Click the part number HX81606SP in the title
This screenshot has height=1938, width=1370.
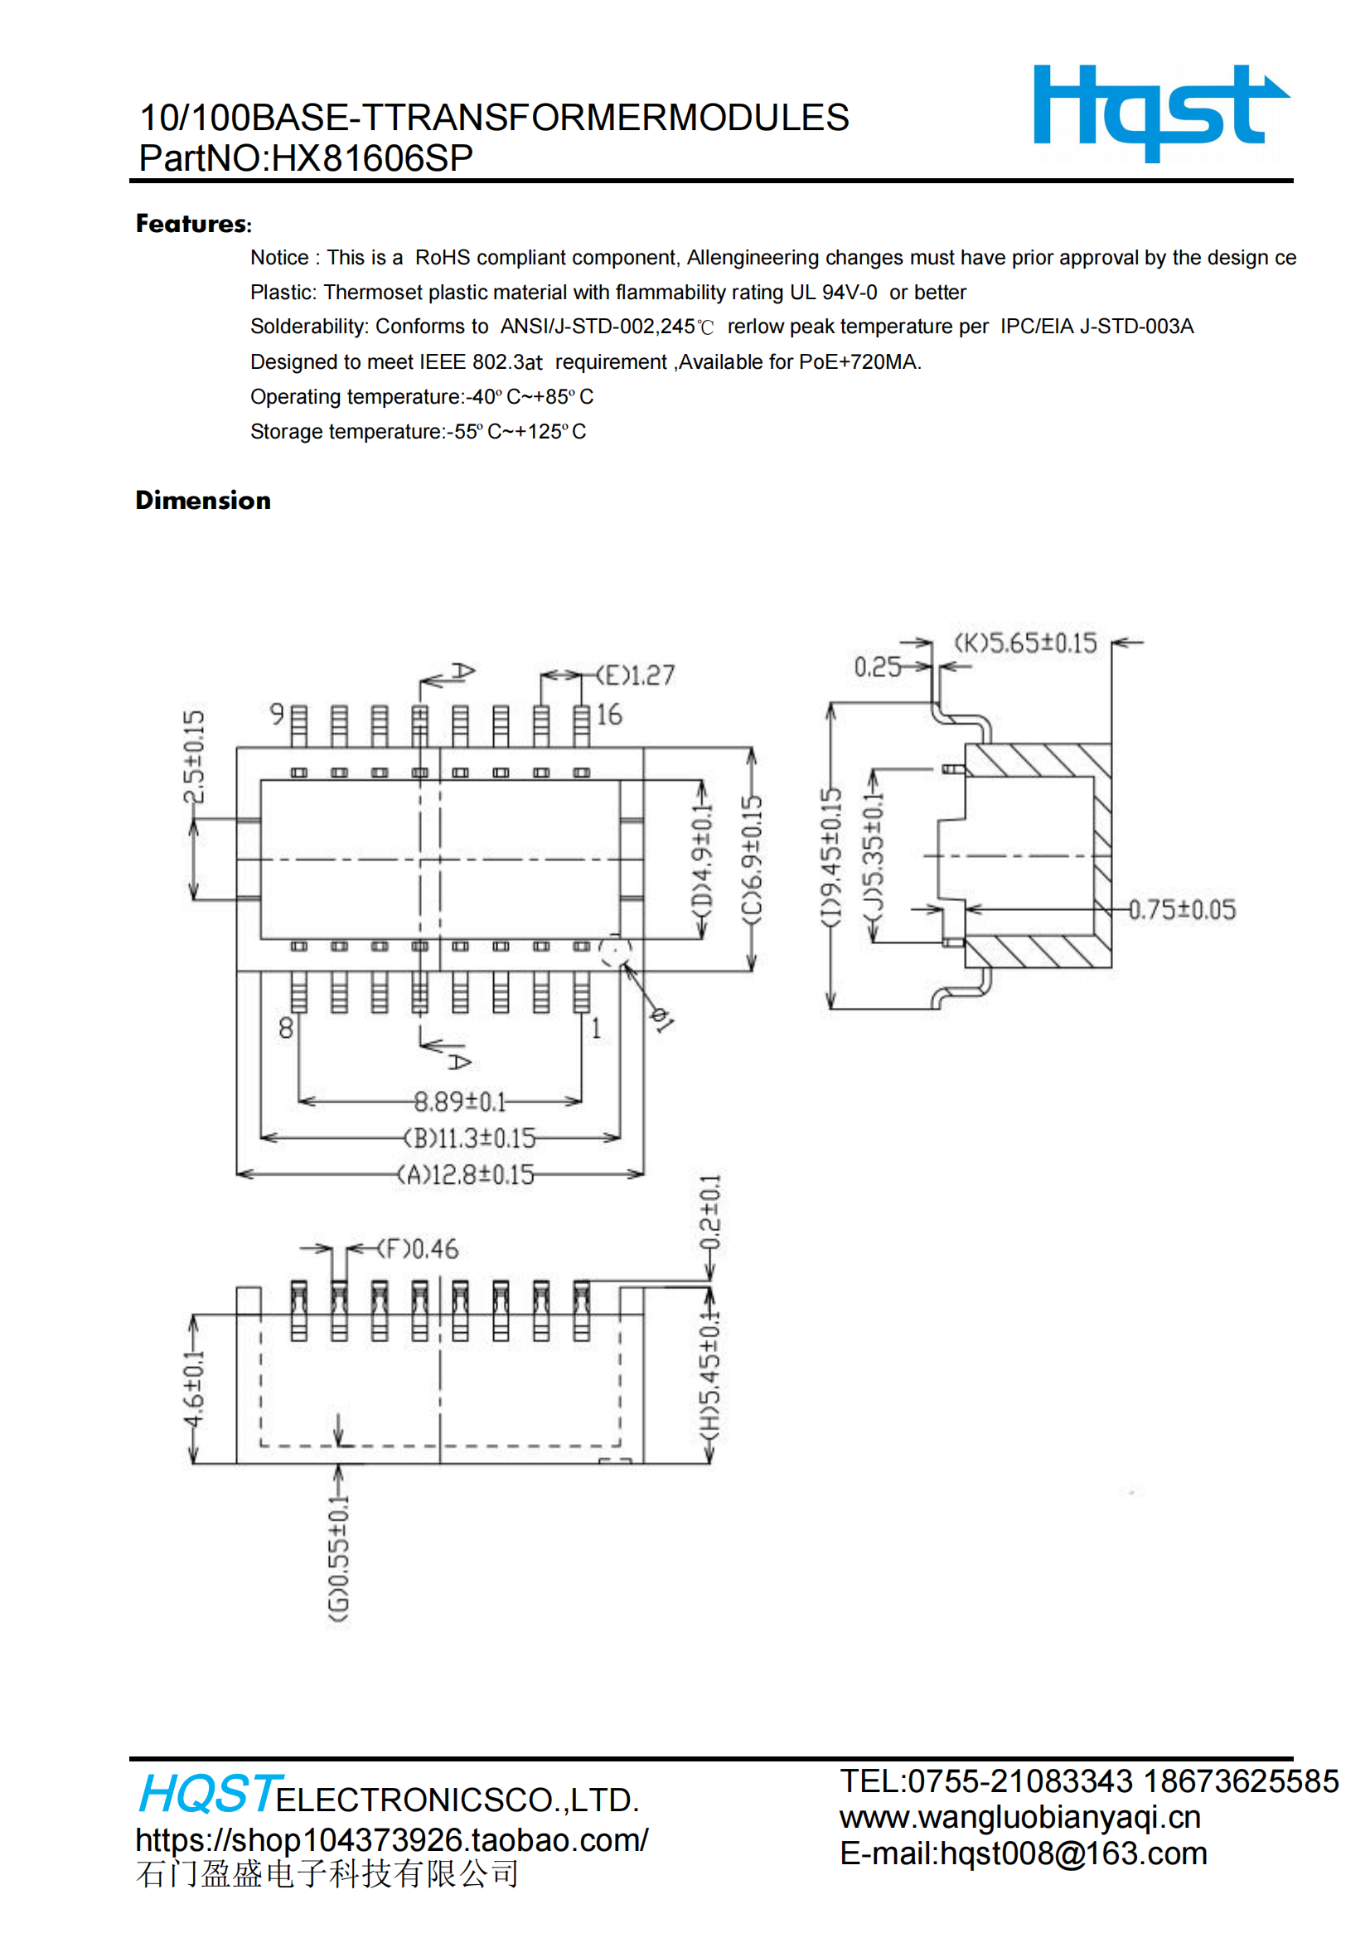pos(371,158)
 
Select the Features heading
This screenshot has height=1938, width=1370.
pos(193,224)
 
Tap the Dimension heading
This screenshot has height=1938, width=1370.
pos(203,501)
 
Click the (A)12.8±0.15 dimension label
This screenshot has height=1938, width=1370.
pos(466,1174)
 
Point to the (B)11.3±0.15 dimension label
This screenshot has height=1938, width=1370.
pos(469,1138)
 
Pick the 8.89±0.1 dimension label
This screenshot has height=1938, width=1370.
pos(460,1102)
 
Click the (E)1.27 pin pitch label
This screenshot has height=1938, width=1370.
pos(636,676)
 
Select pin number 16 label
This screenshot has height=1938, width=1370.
pos(609,715)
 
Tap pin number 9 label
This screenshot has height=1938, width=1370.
pos(277,714)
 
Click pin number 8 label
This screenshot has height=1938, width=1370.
pos(286,1028)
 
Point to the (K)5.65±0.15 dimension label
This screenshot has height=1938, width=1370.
pos(1025,643)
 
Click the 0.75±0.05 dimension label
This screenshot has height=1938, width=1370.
pos(1183,910)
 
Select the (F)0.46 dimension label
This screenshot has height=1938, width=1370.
pos(418,1249)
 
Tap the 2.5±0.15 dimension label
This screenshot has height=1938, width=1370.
pos(194,757)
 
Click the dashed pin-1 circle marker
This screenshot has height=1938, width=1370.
pos(615,952)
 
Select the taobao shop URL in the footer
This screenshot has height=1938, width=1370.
pos(392,1840)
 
